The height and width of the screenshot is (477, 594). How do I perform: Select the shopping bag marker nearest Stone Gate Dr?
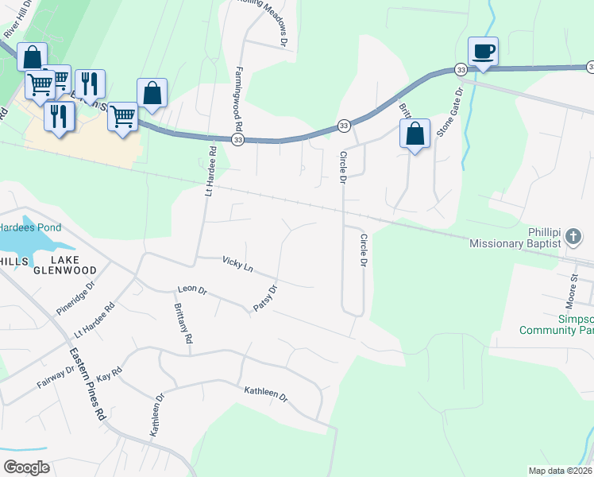point(415,134)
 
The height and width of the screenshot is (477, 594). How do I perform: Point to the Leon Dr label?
point(191,290)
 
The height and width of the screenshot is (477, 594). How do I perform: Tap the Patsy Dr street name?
point(264,298)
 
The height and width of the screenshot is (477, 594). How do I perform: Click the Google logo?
point(26,467)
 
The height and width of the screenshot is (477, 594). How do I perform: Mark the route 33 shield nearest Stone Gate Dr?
point(461,70)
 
